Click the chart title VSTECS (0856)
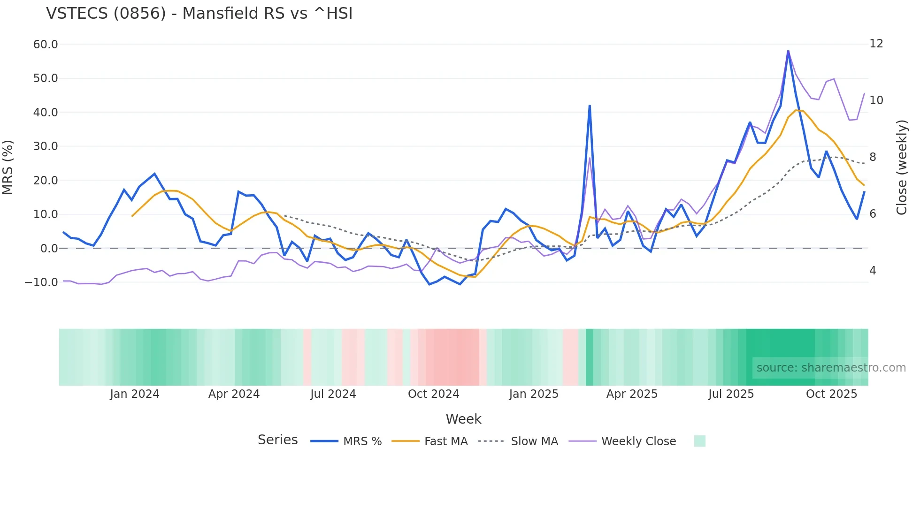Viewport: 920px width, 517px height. point(199,14)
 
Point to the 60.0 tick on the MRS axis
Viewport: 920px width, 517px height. point(46,45)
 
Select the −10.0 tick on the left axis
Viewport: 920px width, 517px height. point(41,282)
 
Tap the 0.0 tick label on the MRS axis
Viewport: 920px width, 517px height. point(49,249)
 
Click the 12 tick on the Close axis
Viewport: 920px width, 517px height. point(876,44)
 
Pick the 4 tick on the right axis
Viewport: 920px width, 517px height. point(873,271)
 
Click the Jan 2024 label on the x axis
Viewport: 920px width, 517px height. point(135,394)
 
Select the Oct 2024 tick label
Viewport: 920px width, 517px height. point(433,394)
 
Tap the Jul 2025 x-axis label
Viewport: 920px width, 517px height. point(731,394)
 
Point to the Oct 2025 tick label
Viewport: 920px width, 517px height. point(831,394)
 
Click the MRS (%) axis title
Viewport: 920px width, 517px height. point(8,167)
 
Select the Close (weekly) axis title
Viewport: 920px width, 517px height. point(902,167)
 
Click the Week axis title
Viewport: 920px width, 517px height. point(463,419)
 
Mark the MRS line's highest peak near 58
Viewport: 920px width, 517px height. point(788,51)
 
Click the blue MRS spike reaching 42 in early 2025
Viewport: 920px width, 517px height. point(590,106)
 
